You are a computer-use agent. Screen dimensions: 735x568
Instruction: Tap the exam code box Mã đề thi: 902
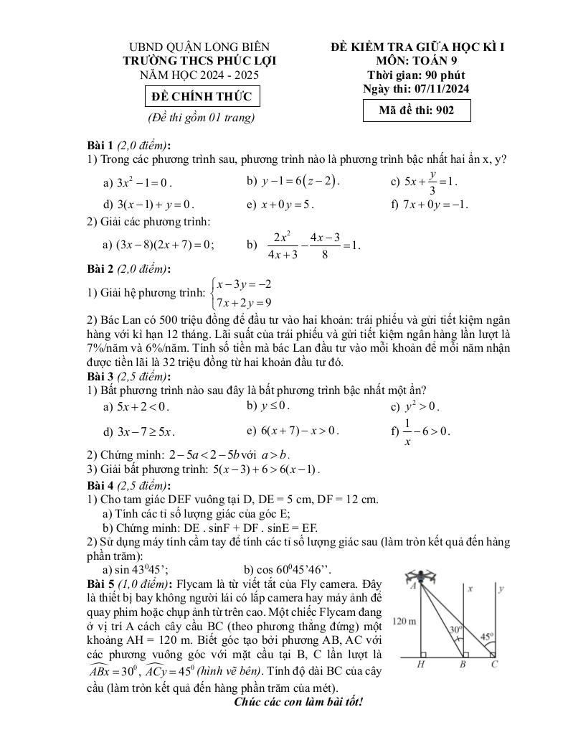click(417, 111)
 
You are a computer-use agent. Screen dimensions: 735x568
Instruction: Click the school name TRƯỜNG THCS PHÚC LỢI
click(199, 61)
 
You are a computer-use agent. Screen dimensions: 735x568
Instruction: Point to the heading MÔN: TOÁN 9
click(417, 61)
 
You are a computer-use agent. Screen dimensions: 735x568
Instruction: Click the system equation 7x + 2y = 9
click(243, 302)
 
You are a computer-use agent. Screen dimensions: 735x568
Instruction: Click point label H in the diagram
click(421, 665)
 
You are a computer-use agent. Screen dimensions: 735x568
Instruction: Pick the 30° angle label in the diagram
click(455, 629)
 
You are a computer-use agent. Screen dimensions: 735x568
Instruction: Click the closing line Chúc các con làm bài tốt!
click(298, 700)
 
